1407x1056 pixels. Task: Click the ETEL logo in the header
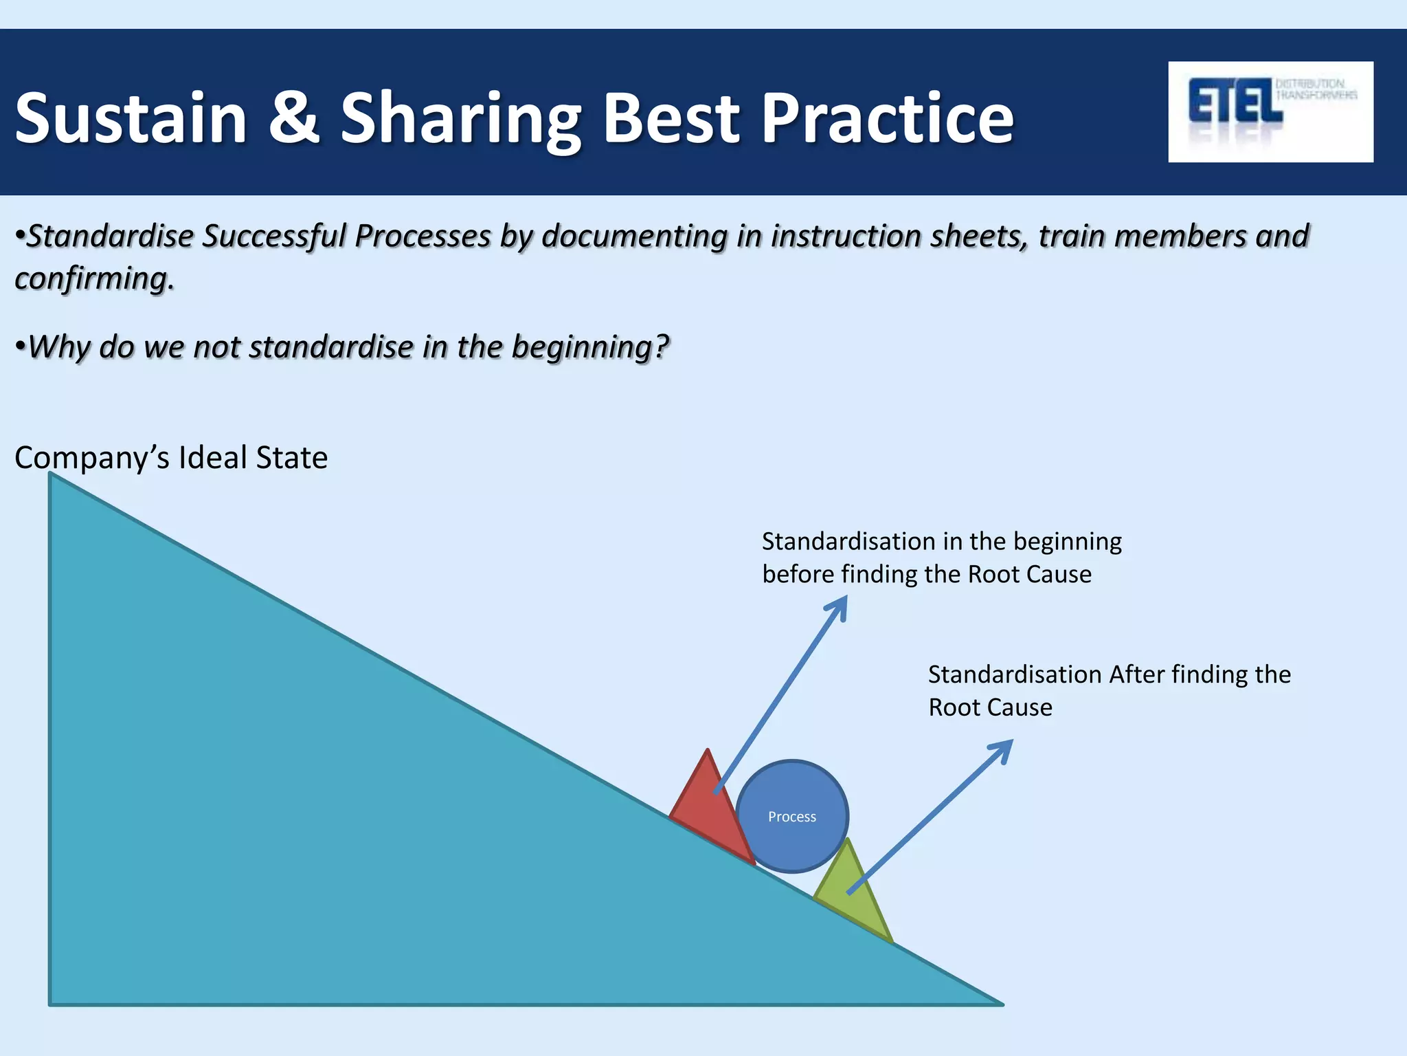tap(1270, 111)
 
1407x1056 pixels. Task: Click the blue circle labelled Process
tap(792, 816)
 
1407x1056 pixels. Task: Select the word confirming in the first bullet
tap(92, 279)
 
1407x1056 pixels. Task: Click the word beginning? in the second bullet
tap(589, 346)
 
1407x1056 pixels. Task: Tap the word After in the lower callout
tap(1137, 674)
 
